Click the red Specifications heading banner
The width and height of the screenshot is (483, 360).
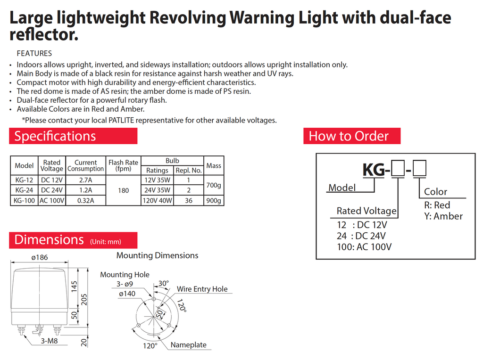73,136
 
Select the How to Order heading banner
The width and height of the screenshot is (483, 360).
352,136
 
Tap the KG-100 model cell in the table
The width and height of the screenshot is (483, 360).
24,200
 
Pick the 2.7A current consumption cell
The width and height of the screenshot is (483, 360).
85,180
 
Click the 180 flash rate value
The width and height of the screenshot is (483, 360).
123,190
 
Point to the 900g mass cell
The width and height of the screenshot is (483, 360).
214,200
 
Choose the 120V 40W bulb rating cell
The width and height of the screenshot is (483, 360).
158,200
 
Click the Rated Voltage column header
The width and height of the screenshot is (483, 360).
52,165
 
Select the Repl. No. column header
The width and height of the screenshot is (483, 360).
189,170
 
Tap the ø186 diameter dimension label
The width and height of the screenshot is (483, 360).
40,258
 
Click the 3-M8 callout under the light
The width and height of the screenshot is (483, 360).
49,341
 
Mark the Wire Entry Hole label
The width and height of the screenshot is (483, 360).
202,289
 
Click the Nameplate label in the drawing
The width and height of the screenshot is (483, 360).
188,345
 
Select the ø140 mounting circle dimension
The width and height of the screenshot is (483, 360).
127,294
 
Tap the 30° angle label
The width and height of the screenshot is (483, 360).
163,283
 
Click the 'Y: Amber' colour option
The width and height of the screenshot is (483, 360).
443,216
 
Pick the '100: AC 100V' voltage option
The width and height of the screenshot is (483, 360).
364,246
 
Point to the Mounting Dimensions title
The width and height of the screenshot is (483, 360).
157,255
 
